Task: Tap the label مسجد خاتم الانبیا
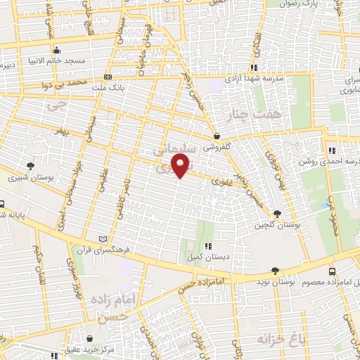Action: coord(75,61)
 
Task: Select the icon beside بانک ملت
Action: coord(107,77)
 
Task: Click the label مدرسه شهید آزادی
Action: coord(253,79)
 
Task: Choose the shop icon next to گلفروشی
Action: coord(216,136)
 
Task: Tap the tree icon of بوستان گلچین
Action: coord(278,213)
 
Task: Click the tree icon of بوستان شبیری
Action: coord(30,166)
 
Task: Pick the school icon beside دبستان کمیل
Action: coord(207,246)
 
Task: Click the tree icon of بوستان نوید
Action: coord(275,271)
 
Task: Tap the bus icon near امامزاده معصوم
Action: coord(332,271)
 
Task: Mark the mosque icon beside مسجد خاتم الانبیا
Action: coord(57,51)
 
